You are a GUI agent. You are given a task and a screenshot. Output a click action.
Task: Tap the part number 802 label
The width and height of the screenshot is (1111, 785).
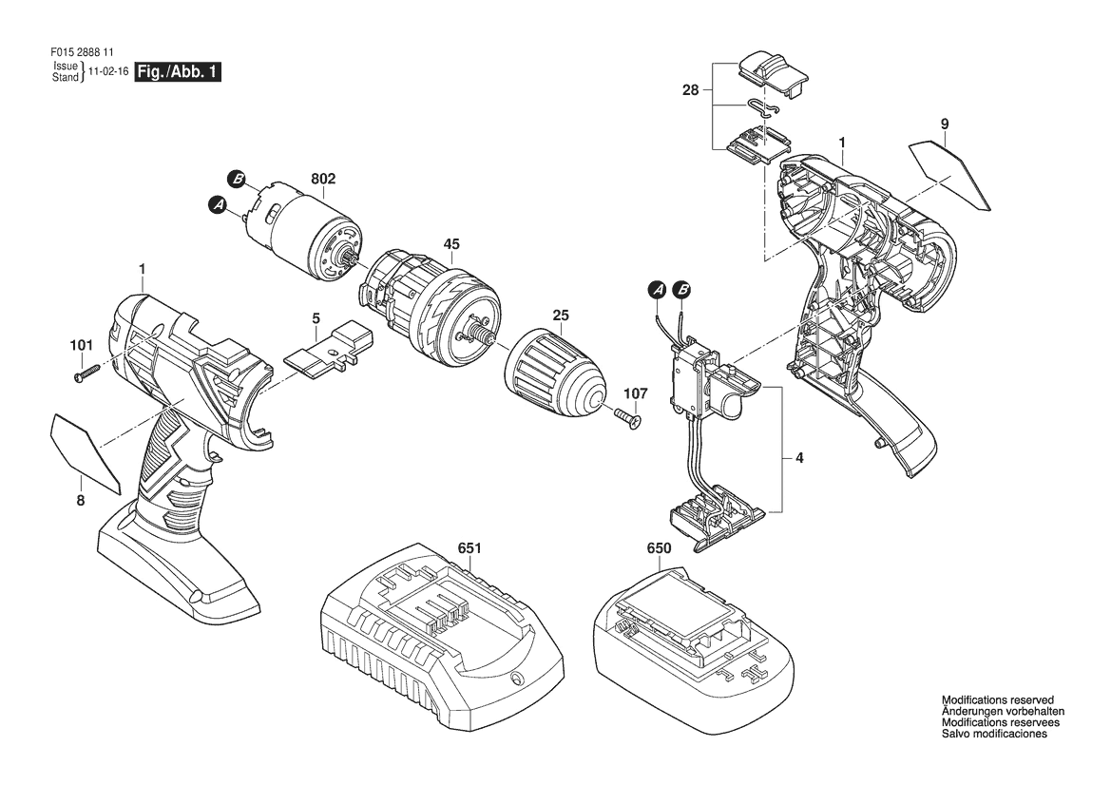tap(322, 180)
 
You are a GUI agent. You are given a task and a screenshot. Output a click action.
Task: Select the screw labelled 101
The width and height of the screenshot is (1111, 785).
tap(86, 373)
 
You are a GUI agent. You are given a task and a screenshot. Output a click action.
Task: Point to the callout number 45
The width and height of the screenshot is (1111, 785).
tap(451, 244)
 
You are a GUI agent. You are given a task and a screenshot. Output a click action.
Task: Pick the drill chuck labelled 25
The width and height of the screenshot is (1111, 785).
tap(557, 378)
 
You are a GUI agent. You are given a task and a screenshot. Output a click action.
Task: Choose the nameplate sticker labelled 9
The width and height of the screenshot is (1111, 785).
tap(950, 174)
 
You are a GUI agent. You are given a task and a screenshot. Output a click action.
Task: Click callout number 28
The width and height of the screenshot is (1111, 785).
tap(690, 90)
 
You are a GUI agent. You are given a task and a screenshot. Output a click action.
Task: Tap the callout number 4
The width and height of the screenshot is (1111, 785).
tap(799, 458)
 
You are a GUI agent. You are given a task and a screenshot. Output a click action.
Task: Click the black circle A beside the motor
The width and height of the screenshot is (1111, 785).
tap(218, 205)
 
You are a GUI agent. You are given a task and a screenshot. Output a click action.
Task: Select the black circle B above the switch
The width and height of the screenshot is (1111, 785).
tap(682, 289)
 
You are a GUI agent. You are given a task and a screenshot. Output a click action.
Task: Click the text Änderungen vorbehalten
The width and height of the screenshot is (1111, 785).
tap(1003, 711)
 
